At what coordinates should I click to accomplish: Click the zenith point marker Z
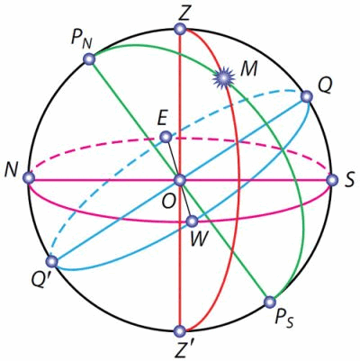180,30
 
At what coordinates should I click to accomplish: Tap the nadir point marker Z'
180,331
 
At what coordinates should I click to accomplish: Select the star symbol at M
223,77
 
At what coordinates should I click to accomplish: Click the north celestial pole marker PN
89,59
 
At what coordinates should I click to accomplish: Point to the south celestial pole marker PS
269,302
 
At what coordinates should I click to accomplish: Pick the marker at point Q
307,97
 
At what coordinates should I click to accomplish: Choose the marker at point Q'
53,262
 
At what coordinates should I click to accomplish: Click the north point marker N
29,177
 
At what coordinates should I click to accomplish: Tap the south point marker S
332,181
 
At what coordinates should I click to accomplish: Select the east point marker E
166,137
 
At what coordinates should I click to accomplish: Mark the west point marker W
192,221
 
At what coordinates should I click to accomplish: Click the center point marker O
180,180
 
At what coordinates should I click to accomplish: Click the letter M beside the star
249,68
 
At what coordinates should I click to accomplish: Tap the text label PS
283,319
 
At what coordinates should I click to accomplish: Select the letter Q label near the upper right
325,86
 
